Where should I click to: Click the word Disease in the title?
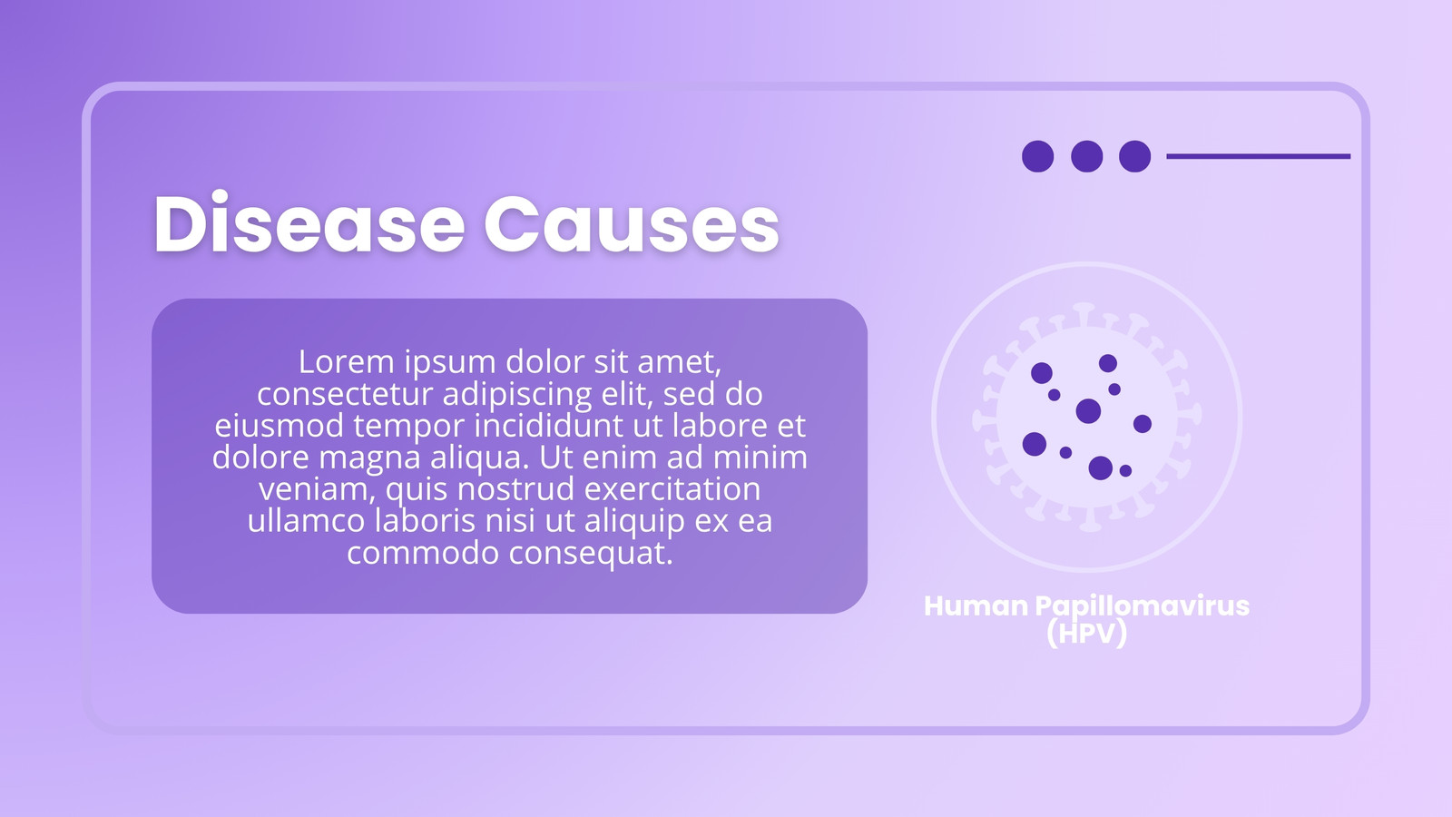coord(309,223)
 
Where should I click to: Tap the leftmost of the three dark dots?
coord(1038,156)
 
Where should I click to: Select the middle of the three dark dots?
coord(1087,156)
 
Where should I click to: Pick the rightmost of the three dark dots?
coord(1135,156)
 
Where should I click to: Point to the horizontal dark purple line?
coord(1258,156)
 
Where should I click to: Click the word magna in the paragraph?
coord(369,458)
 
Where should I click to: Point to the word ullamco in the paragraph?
coord(307,521)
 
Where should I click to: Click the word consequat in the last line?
coord(591,553)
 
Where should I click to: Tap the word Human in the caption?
coord(976,606)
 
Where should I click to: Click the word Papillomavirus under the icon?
coord(1143,607)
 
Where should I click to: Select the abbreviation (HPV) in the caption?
coord(1087,633)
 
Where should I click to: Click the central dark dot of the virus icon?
coord(1088,411)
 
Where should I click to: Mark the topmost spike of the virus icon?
coord(1084,314)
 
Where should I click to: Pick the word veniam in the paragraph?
coord(317,489)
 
